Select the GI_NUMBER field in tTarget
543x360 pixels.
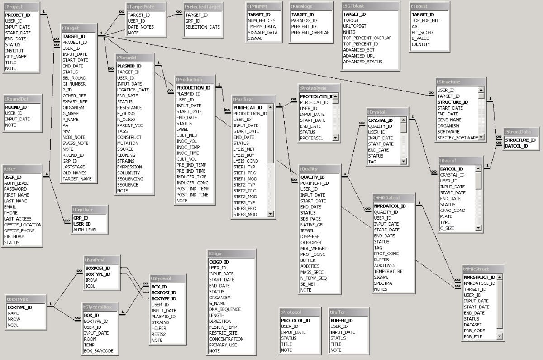[74, 84]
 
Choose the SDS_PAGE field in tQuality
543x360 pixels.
[310, 219]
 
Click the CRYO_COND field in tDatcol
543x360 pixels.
[452, 210]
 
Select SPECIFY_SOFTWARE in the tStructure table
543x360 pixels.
[457, 137]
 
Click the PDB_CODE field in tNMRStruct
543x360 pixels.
[474, 331]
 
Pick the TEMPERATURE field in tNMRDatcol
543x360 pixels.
[388, 271]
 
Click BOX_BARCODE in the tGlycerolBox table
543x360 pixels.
[98, 350]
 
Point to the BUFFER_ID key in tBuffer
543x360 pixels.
[342, 320]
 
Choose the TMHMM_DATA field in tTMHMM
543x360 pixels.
[262, 26]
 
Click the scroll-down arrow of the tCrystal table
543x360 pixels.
[404, 161]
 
